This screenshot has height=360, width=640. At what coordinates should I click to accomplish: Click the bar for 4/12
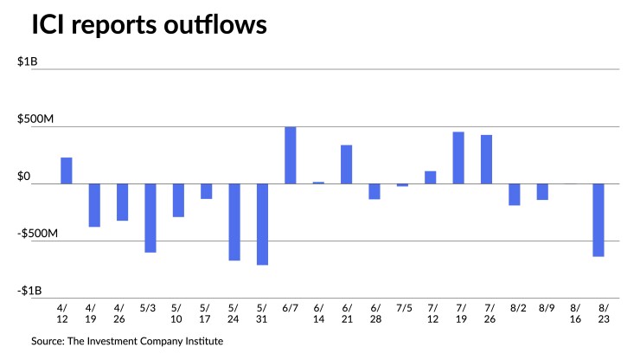(66, 170)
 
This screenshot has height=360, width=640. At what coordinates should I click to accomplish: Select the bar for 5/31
(262, 224)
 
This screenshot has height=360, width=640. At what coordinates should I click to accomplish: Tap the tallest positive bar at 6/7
(291, 155)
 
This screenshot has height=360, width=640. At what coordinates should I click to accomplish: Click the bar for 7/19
(458, 157)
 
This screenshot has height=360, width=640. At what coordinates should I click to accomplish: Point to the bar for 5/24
(234, 222)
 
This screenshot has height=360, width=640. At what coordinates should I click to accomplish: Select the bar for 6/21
(346, 164)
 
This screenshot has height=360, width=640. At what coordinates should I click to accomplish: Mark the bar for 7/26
(486, 159)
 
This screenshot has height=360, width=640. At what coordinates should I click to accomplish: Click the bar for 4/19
(94, 205)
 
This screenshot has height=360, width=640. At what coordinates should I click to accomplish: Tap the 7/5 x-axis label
(402, 307)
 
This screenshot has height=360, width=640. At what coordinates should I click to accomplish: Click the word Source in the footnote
(50, 341)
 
